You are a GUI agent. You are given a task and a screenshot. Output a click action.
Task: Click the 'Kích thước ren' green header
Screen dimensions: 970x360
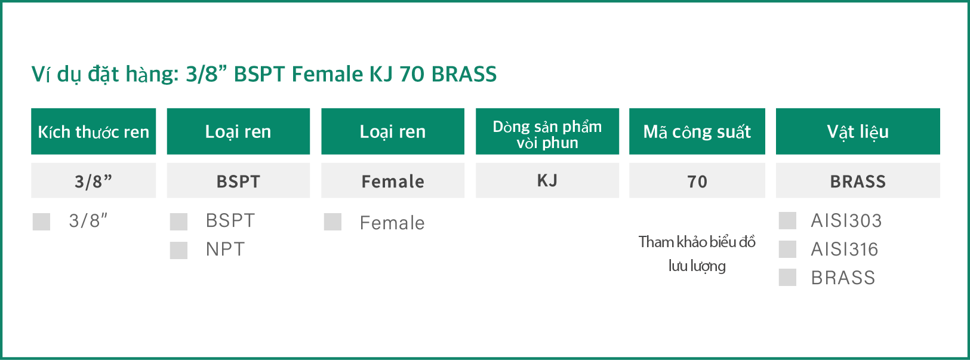tap(94, 131)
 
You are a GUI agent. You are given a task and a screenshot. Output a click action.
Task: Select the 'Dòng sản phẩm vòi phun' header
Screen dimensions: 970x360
tap(547, 131)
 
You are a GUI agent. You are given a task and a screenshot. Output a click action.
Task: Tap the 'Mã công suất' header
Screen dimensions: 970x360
tap(697, 131)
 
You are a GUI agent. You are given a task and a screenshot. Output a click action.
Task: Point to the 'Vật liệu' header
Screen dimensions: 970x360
tap(858, 131)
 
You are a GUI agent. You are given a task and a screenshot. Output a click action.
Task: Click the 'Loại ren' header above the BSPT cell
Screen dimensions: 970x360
tap(239, 131)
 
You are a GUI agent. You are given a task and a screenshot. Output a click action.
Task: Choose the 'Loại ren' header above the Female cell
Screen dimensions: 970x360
tap(393, 131)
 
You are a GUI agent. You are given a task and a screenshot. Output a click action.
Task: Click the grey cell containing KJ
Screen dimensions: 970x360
tap(547, 180)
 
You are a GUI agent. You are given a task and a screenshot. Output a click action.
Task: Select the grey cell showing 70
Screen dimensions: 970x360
tap(697, 180)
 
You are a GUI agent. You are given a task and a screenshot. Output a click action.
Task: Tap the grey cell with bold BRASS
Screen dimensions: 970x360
tap(858, 180)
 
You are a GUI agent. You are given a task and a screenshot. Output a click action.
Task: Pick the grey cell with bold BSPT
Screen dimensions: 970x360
tap(239, 180)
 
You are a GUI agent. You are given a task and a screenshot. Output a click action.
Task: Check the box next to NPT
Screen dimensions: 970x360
tap(178, 250)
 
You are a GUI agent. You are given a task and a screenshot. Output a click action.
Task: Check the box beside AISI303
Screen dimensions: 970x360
tap(787, 220)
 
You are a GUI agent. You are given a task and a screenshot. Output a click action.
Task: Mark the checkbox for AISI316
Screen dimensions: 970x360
tap(787, 249)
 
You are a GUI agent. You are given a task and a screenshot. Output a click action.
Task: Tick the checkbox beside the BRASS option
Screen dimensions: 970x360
tap(787, 277)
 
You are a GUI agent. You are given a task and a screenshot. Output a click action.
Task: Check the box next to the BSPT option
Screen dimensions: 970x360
tap(178, 222)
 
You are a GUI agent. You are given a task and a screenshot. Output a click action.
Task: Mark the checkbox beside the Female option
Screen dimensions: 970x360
tap(332, 222)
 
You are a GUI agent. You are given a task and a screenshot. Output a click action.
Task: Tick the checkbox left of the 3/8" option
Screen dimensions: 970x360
tap(41, 222)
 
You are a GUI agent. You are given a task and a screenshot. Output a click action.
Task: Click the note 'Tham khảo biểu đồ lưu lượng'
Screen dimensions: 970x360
tap(697, 254)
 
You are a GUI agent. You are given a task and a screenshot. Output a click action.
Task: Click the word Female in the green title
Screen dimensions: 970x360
tap(327, 74)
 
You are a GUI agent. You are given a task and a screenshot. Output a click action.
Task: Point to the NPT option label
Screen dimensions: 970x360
tap(225, 250)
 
